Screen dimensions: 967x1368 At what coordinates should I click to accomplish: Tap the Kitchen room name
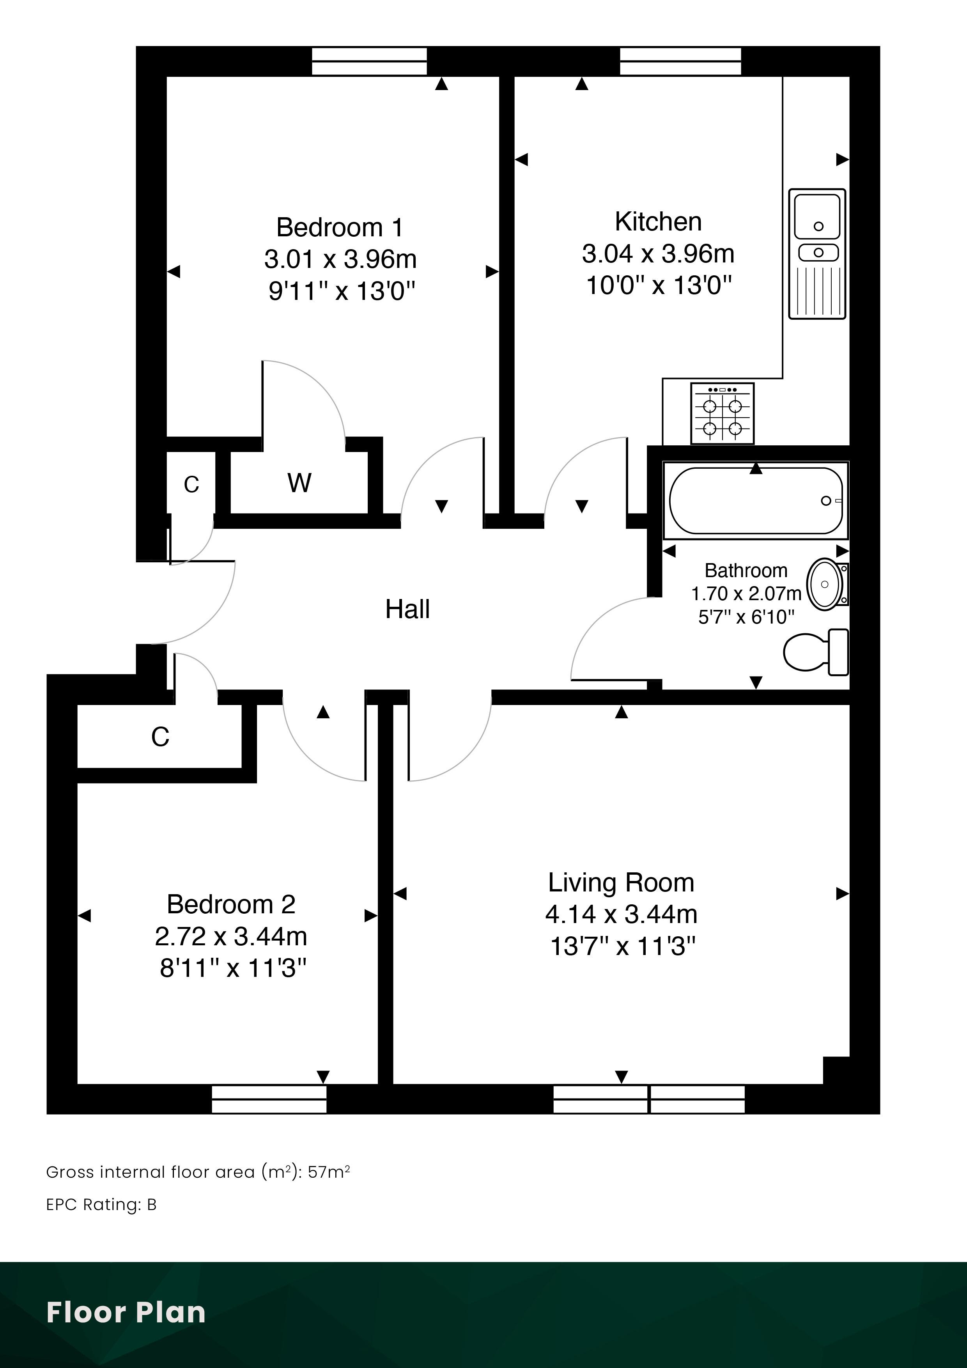pos(658,222)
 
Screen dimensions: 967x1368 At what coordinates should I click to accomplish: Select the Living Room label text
pos(622,882)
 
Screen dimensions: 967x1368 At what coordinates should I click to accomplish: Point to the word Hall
pos(407,609)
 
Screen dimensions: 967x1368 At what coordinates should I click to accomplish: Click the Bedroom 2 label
pos(231,904)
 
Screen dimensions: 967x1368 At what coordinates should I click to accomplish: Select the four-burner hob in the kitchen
pos(722,413)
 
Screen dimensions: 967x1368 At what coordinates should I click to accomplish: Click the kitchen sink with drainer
pos(817,254)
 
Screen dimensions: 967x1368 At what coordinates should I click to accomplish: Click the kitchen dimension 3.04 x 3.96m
pos(658,254)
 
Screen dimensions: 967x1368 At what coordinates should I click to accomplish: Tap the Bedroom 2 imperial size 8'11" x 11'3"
pos(233,968)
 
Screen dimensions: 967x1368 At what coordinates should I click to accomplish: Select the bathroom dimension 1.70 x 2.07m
pos(746,594)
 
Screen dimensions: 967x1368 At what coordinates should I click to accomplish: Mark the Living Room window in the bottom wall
pos(649,1099)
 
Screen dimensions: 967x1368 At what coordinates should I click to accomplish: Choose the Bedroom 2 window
pos(269,1099)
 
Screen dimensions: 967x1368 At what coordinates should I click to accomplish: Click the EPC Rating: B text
pos(101,1205)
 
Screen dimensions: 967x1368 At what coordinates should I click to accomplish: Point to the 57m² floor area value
pos(329,1172)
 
